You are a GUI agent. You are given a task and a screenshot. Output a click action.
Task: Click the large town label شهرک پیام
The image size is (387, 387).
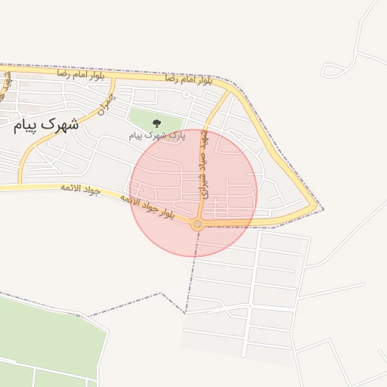click(45, 125)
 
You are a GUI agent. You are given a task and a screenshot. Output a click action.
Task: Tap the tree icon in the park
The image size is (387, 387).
click(156, 122)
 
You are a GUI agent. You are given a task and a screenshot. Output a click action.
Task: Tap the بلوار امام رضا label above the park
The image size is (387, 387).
click(184, 79)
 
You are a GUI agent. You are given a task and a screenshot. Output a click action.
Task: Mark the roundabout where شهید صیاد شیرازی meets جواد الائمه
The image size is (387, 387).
click(197, 224)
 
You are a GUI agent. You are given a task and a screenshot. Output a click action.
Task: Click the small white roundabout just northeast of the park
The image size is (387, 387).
click(186, 94)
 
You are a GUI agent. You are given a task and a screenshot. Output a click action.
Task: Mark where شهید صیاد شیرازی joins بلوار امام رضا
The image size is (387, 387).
click(229, 89)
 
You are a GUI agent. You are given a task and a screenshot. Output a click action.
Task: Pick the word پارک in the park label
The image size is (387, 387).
click(175, 135)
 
